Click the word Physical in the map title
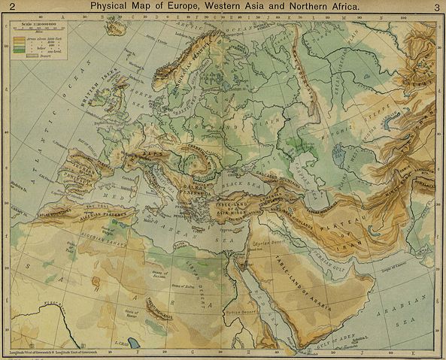(112, 7)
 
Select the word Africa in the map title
(336, 7)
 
